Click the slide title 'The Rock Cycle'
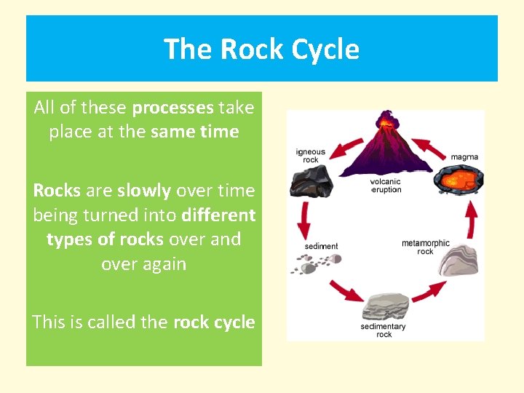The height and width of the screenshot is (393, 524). click(x=261, y=49)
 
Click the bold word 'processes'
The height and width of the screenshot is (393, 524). click(x=172, y=108)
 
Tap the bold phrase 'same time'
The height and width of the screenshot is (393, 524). click(x=194, y=132)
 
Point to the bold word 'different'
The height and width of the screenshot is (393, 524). click(x=218, y=215)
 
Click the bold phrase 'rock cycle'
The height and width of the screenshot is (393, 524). click(x=214, y=322)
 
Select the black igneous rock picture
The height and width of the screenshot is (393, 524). click(x=310, y=181)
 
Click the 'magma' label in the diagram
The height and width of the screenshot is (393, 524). click(x=464, y=156)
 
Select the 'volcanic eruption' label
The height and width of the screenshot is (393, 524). click(x=386, y=186)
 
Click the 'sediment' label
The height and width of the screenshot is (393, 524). click(x=321, y=247)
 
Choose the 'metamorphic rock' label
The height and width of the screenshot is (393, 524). click(x=425, y=247)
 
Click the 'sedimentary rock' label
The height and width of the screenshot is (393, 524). click(x=383, y=330)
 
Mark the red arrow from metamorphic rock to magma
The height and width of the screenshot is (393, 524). click(x=471, y=218)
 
